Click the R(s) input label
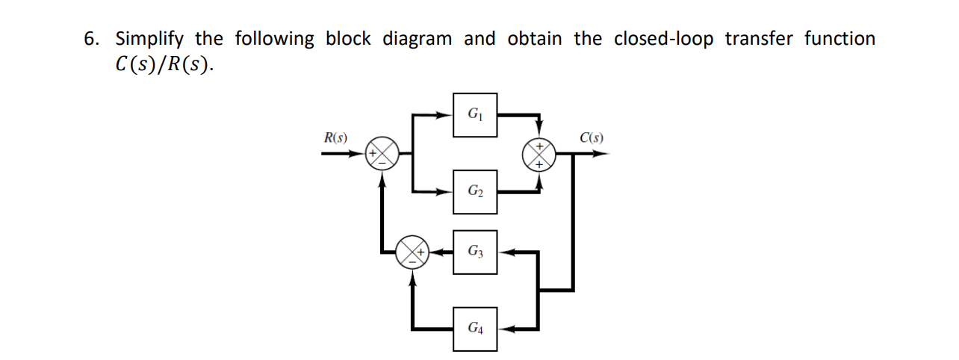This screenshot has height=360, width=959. [335, 137]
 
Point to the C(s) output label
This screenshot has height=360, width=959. [592, 137]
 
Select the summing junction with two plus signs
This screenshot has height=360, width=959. [539, 154]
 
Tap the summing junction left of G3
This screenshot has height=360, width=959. [412, 252]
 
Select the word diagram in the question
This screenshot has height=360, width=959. [417, 40]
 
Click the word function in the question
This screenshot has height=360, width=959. [839, 40]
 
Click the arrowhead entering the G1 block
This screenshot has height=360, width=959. [447, 115]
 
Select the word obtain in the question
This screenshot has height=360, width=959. [534, 40]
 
